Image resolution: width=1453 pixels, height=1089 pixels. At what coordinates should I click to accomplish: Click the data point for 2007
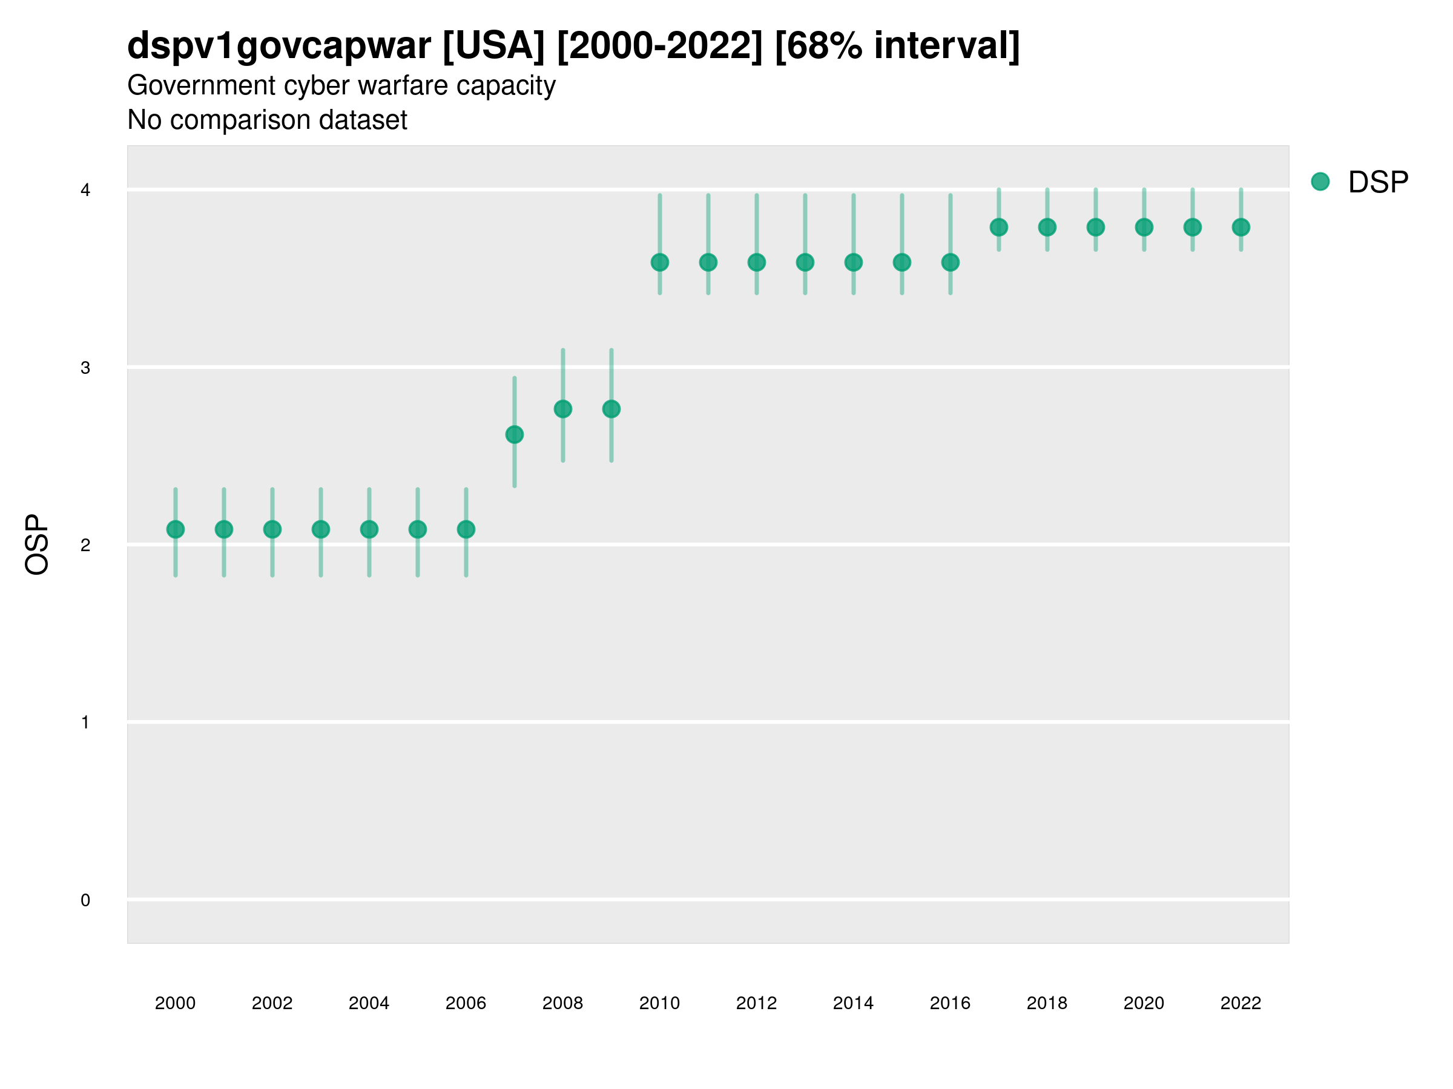[x=515, y=434]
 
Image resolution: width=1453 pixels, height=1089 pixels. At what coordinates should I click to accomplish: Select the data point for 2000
[x=176, y=529]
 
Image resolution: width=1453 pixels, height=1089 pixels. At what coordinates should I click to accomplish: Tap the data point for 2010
[x=659, y=263]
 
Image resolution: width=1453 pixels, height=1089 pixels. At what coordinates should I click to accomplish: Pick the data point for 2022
[x=1241, y=227]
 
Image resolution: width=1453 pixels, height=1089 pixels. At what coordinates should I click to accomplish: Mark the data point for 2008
[x=563, y=409]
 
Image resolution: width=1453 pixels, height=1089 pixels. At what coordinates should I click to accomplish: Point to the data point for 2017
[x=998, y=227]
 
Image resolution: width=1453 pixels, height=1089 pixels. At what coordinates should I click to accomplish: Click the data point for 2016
[x=951, y=263]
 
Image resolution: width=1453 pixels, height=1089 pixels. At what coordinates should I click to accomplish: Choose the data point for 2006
[x=466, y=529]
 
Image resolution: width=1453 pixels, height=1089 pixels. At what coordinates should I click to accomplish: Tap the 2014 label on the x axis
[x=853, y=1003]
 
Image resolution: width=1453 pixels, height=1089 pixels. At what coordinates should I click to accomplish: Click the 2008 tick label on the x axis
[x=563, y=1003]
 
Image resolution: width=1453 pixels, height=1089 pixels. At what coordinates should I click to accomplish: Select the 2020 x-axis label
[x=1144, y=1003]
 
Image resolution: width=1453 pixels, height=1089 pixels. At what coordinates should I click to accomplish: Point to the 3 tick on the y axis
[x=85, y=368]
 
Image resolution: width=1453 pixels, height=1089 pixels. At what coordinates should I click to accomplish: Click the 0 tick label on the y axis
[x=85, y=900]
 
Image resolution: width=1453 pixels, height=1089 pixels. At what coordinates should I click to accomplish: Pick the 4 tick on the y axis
[x=85, y=191]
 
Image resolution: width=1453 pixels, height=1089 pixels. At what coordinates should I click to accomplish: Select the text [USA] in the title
[x=493, y=46]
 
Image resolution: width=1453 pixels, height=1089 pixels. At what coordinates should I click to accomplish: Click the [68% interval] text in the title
[x=897, y=46]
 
